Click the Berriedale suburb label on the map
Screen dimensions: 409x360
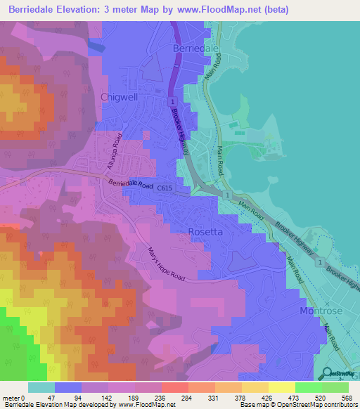(x=195, y=48)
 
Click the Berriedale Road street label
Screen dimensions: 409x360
(x=131, y=184)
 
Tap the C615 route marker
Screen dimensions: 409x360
(x=164, y=188)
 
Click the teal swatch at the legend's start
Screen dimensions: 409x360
(x=41, y=387)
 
